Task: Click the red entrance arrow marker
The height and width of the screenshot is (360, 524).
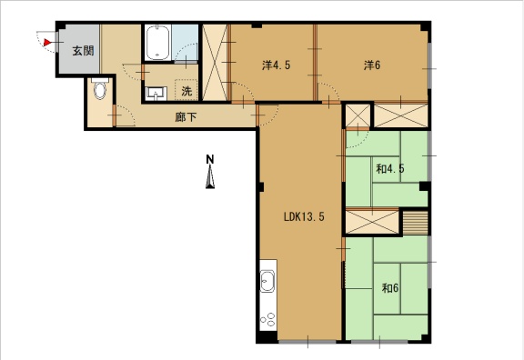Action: tap(47, 43)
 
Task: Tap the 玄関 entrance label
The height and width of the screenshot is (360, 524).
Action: tap(83, 51)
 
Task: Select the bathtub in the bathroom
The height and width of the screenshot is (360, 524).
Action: tap(157, 43)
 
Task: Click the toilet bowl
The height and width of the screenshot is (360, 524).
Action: tap(99, 90)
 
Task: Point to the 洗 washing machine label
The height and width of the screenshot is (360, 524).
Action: tap(186, 91)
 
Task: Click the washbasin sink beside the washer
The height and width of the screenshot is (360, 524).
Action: tap(156, 93)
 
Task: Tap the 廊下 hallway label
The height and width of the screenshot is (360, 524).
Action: tap(186, 117)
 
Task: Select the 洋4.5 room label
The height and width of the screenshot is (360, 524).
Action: tap(276, 65)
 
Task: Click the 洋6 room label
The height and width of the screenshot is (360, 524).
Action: tap(372, 65)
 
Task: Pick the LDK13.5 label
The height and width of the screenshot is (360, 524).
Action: tap(304, 216)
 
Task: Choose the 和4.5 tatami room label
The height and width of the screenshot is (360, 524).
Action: tap(390, 169)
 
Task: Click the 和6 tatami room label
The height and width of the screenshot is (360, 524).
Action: tap(390, 287)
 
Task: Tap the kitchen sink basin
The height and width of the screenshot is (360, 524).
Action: tap(267, 281)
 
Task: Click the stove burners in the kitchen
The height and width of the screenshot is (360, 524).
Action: tap(268, 320)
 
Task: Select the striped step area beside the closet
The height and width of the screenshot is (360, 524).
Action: tap(416, 223)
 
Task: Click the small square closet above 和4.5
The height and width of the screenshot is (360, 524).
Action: tap(358, 115)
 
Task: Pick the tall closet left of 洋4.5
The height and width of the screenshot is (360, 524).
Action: tap(216, 62)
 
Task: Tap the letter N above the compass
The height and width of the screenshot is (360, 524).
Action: tap(210, 159)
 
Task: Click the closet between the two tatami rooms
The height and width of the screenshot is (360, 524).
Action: tap(372, 222)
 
